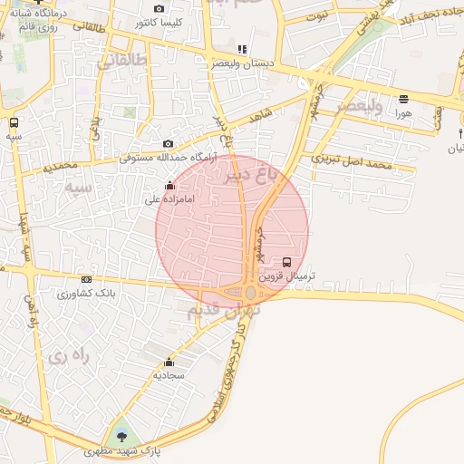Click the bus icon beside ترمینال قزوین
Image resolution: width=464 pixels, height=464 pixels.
click(287, 262)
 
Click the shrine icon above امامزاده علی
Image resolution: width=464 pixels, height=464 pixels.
click(169, 186)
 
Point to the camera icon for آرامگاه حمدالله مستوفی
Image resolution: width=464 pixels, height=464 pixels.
click(168, 144)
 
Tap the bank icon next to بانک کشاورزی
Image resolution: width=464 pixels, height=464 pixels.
click(86, 279)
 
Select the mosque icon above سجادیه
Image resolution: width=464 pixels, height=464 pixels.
click(169, 362)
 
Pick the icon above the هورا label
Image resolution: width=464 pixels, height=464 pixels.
click(403, 99)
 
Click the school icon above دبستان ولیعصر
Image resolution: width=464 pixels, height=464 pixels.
click(241, 50)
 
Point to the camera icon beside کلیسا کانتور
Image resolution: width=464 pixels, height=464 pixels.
click(159, 8)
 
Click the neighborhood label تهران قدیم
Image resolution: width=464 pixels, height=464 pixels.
click(223, 310)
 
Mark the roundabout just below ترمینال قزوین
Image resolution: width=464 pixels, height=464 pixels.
click(250, 293)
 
